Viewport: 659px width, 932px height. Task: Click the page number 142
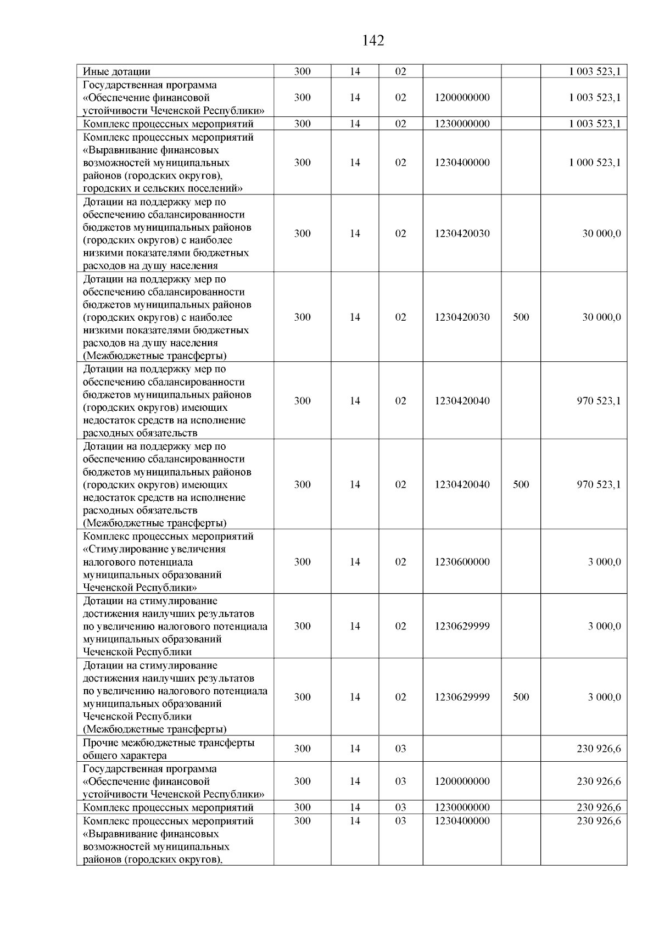coord(373,41)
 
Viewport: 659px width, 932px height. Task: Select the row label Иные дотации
coord(116,71)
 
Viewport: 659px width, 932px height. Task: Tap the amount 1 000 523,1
coord(595,163)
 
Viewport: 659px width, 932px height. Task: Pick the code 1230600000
coord(462,562)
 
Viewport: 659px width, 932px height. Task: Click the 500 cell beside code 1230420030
coord(521,317)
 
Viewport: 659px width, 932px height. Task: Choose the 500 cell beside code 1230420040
coord(521,484)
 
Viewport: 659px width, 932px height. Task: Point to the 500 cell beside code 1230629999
coord(521,697)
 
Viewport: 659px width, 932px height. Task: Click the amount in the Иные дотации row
coord(595,71)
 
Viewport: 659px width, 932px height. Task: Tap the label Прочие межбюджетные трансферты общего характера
coord(168,749)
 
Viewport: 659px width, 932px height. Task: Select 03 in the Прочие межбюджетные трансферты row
coord(400,749)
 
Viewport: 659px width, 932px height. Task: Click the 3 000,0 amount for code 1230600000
coord(604,562)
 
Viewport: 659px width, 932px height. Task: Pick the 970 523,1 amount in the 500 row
coord(599,484)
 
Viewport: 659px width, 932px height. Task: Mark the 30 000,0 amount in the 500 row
coord(601,317)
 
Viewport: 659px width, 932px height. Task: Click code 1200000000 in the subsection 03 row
coord(462,781)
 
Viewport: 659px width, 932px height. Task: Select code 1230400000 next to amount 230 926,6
coord(462,821)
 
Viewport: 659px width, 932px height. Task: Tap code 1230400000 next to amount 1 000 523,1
coord(462,163)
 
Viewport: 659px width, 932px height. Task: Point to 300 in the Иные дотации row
coord(302,71)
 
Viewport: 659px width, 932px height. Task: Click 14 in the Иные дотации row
coord(355,71)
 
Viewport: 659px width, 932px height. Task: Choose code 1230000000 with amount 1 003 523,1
coord(462,124)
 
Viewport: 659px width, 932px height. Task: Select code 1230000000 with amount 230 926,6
coord(462,807)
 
